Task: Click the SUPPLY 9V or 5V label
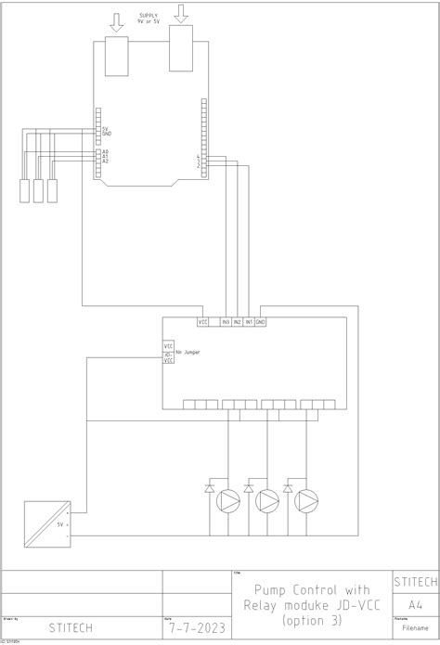[x=148, y=19]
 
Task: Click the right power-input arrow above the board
[x=180, y=14]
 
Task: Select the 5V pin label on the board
[x=107, y=129]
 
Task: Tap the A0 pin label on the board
[x=106, y=150]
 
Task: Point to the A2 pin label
[x=106, y=161]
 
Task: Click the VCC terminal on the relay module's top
[x=203, y=321]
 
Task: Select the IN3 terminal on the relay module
[x=226, y=321]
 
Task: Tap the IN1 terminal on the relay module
[x=249, y=321]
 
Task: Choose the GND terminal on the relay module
[x=260, y=321]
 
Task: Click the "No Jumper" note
[x=187, y=353]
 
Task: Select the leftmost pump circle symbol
[x=227, y=502]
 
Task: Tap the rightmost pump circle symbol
[x=307, y=502]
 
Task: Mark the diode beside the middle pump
[x=249, y=488]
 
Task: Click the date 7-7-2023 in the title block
[x=196, y=628]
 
